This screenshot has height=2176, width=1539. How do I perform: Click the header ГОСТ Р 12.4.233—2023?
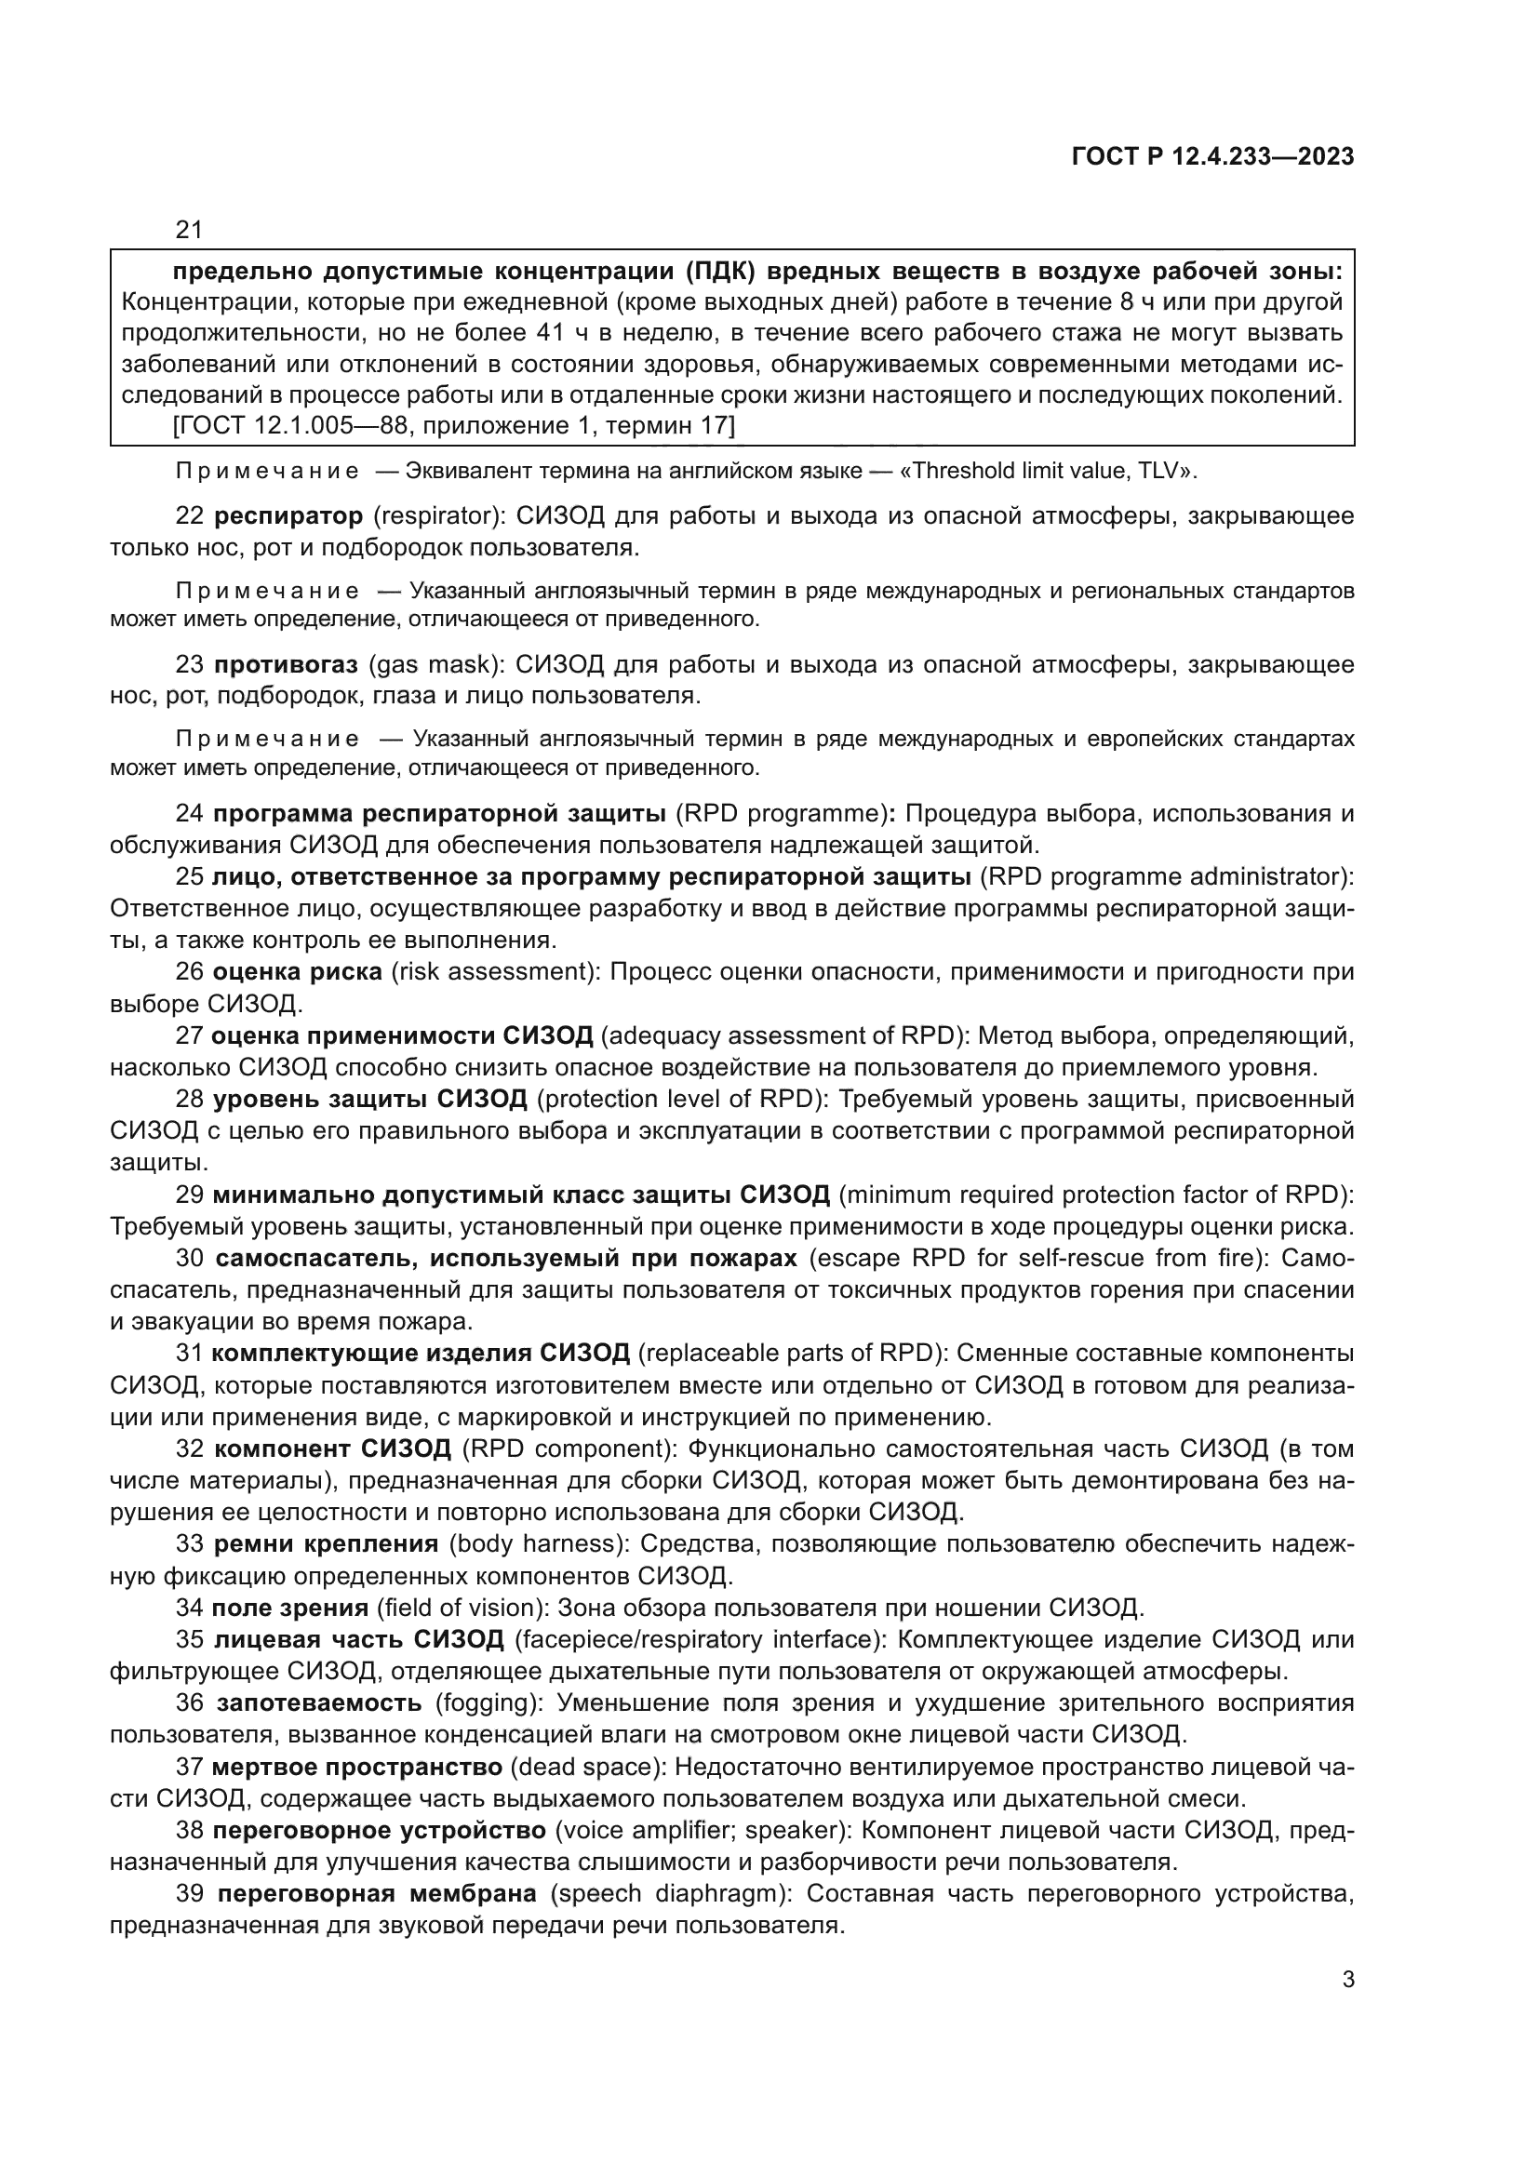1212,157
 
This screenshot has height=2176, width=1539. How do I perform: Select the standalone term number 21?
189,230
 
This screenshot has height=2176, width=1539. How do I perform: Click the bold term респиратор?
288,516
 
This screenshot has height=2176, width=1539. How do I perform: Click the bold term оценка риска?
297,971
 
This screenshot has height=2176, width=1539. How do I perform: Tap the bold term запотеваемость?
318,1703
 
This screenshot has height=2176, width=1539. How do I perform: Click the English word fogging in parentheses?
488,1703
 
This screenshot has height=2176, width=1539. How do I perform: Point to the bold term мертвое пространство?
356,1768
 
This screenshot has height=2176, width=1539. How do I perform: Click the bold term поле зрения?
290,1608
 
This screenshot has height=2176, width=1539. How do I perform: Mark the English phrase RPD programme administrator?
1167,876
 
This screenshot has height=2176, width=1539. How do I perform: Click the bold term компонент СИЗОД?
332,1449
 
